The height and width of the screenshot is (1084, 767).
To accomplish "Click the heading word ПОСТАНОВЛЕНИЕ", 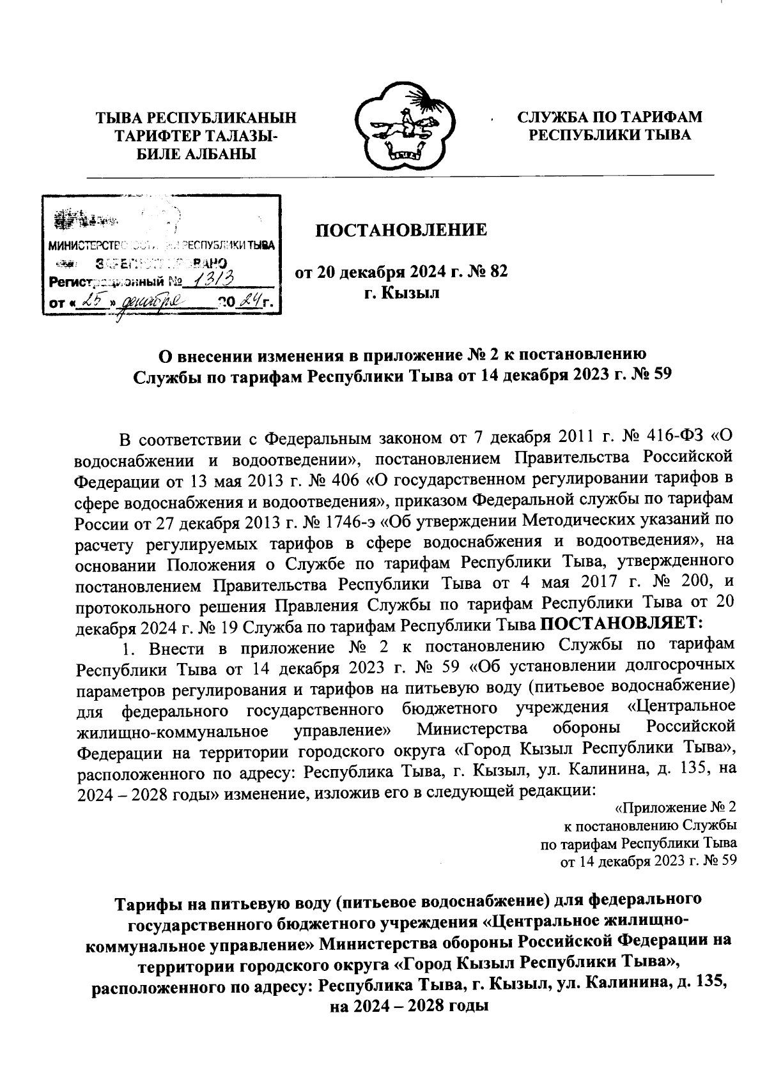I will coord(401,229).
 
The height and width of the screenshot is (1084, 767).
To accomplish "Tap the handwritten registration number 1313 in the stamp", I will coord(215,279).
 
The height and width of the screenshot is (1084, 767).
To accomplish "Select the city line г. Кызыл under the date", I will coord(401,293).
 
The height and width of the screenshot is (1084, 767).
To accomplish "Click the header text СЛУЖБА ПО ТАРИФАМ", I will coord(609,117).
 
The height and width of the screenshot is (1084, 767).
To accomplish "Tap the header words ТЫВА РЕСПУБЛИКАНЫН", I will coord(196,118).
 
